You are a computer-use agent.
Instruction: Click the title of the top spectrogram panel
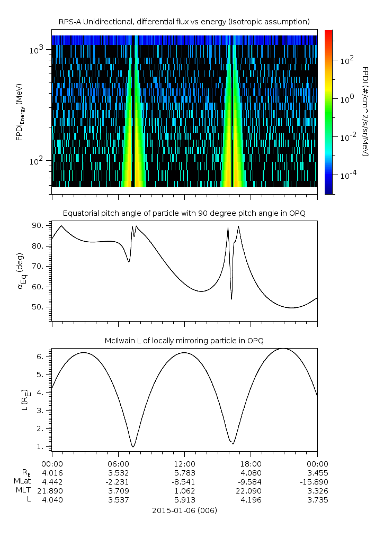184,22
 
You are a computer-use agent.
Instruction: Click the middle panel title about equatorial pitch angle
184,213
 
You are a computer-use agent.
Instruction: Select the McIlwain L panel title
184,341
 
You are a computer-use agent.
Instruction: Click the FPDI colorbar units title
365,112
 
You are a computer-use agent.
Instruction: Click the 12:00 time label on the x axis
184,462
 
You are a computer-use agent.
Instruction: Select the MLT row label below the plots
21,491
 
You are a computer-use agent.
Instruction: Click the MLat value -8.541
184,481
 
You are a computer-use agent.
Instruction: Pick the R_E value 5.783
184,472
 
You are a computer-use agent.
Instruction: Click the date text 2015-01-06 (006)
184,511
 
